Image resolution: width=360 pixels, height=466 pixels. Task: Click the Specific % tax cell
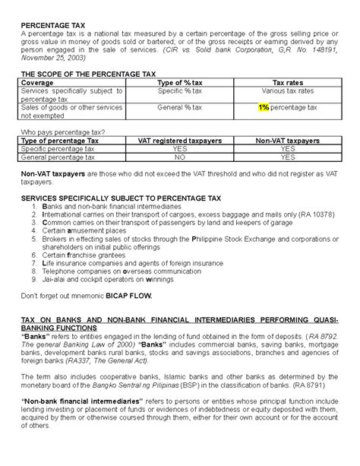pyautogui.click(x=179, y=90)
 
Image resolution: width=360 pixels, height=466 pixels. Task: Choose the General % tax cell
pyautogui.click(x=179, y=109)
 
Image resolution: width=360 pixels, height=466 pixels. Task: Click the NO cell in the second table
pyautogui.click(x=180, y=158)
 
